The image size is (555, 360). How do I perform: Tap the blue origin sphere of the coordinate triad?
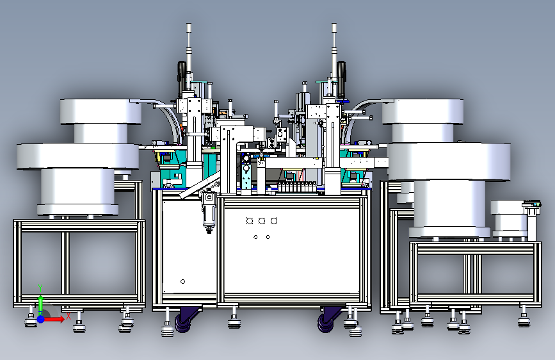click(x=41, y=319)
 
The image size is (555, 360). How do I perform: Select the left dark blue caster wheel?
click(x=183, y=320)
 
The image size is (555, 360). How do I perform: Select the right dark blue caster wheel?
click(x=326, y=320)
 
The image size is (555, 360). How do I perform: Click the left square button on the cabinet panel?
click(x=250, y=221)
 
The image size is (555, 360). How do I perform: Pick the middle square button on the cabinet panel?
click(x=262, y=221)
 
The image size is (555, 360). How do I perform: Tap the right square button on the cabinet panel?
click(x=273, y=221)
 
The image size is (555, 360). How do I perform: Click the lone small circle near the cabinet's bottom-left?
click(x=182, y=281)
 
